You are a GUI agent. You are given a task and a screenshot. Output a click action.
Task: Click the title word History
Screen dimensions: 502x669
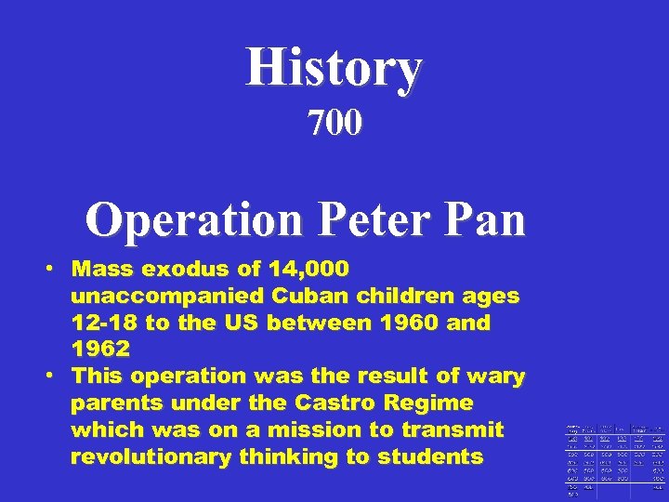click(x=334, y=69)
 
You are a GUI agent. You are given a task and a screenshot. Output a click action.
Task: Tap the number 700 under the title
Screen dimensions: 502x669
click(x=334, y=123)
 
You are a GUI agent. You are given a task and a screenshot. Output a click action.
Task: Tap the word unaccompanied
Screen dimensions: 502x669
click(x=167, y=297)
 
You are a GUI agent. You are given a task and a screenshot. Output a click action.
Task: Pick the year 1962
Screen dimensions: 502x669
click(x=100, y=350)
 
